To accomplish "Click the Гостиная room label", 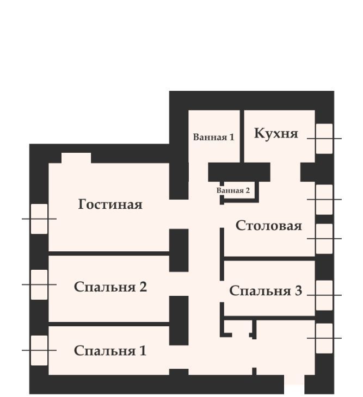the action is coord(110,204).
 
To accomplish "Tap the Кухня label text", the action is coord(276,133).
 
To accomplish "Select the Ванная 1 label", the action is coord(213,137).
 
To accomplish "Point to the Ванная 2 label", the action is coord(233,190).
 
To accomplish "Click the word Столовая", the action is coord(268,226).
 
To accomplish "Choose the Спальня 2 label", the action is coord(110,287).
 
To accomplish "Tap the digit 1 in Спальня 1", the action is coord(143,351).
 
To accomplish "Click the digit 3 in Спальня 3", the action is coord(298,290).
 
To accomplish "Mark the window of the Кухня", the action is coord(324,139).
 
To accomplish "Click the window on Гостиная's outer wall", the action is coord(39,219).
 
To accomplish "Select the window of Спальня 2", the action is coord(39,284).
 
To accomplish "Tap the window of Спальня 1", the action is coord(39,350).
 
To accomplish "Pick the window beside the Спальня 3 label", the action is coord(324,295).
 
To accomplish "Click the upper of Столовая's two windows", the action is coord(324,200).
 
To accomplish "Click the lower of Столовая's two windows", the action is coord(324,239).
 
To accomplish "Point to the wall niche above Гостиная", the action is coord(76,158).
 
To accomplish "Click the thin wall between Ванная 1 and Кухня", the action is coord(242,136).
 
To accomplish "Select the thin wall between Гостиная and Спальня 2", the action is coord(109,253).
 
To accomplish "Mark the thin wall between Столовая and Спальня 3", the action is coord(269,258).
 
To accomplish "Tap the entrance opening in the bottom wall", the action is coord(294,384).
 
